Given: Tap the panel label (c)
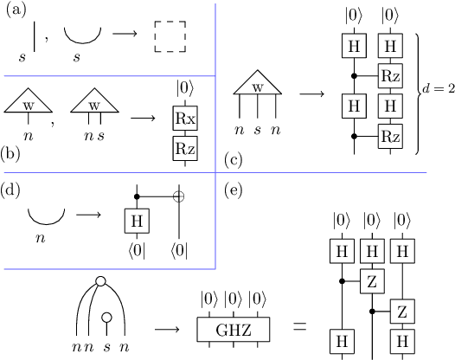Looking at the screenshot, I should point(234,160).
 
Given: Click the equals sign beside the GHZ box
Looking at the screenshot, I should point(299,328).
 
